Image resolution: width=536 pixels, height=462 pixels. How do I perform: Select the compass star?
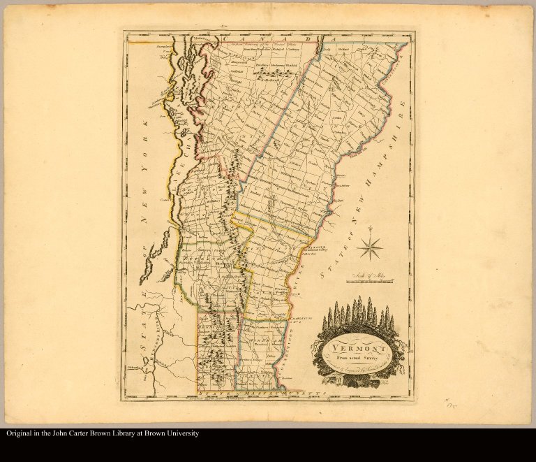[370, 246]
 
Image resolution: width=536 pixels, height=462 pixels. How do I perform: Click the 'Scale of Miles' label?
[368, 277]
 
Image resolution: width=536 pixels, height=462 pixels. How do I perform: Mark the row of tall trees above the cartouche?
[358, 315]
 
